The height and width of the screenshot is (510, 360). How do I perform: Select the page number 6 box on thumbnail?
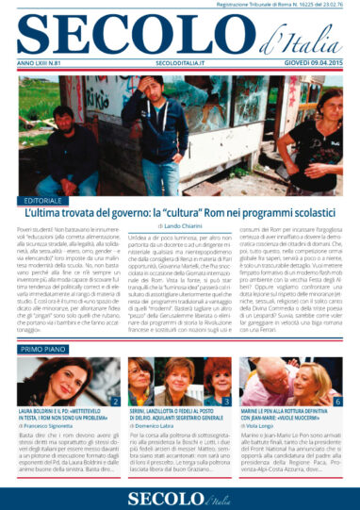[337, 402]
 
